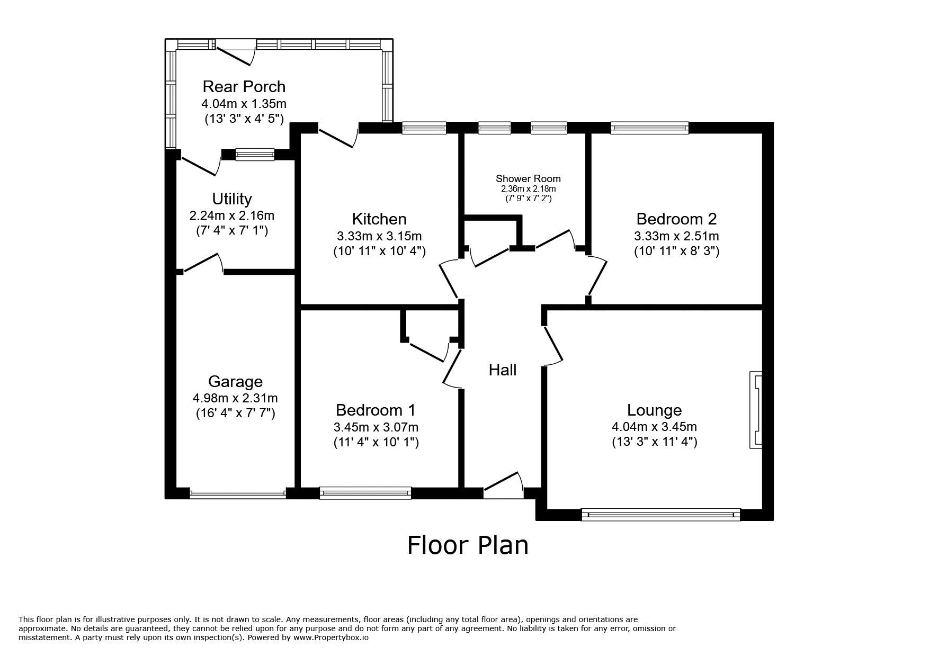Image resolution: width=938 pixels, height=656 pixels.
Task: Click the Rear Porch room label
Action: pyautogui.click(x=244, y=86)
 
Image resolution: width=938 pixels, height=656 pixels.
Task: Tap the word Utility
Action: pyautogui.click(x=232, y=199)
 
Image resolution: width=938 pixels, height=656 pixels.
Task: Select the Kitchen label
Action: pyautogui.click(x=379, y=219)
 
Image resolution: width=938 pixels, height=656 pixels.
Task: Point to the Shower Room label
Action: pyautogui.click(x=528, y=179)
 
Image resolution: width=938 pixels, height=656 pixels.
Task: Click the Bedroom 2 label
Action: pyautogui.click(x=676, y=219)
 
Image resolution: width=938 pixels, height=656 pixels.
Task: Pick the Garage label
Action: pyautogui.click(x=235, y=382)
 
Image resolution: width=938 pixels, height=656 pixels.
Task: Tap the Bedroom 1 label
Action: pyautogui.click(x=376, y=410)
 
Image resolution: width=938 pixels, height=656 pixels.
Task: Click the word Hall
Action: pyautogui.click(x=503, y=370)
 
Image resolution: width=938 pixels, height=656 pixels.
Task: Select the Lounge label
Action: pyautogui.click(x=654, y=410)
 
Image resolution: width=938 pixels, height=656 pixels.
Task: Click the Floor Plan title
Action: pyautogui.click(x=468, y=545)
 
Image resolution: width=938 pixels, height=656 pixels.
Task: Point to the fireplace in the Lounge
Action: pyautogui.click(x=756, y=410)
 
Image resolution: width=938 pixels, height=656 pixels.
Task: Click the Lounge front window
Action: pyautogui.click(x=660, y=514)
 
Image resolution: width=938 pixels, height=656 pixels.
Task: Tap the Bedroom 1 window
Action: pyautogui.click(x=365, y=493)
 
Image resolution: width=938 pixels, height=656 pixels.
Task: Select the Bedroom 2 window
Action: pyautogui.click(x=649, y=127)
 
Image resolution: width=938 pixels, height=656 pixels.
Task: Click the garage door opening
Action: pyautogui.click(x=237, y=493)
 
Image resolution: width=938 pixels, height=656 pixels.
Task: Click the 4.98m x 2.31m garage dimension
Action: pyautogui.click(x=235, y=398)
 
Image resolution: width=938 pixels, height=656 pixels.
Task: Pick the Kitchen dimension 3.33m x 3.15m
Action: pyautogui.click(x=379, y=236)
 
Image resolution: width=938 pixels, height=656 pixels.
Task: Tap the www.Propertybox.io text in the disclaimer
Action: pyautogui.click(x=331, y=637)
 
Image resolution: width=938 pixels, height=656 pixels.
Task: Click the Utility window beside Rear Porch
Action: pyautogui.click(x=255, y=154)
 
